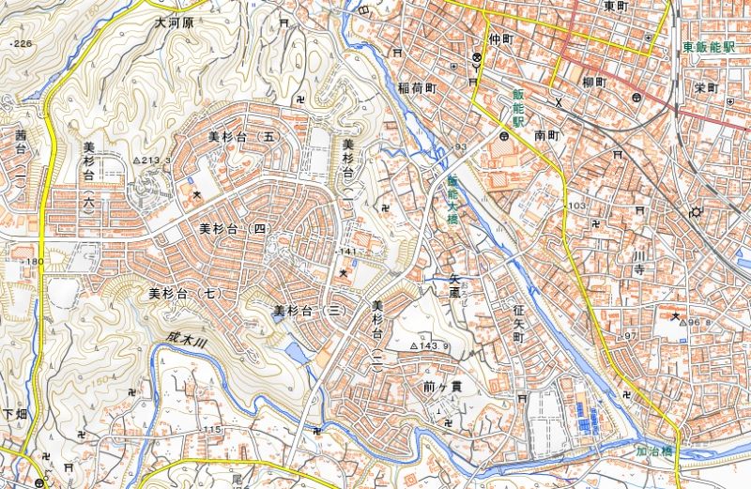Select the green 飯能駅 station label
tap(517, 108)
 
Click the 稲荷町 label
tap(418, 87)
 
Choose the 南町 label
tap(546, 135)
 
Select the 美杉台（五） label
tap(244, 137)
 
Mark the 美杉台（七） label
tap(185, 294)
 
